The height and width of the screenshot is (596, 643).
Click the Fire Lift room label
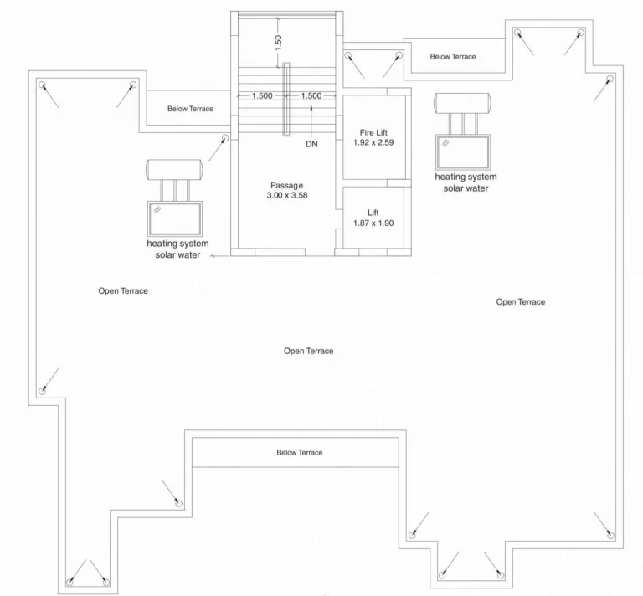coord(373,138)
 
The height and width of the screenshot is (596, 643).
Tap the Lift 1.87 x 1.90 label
coord(373,218)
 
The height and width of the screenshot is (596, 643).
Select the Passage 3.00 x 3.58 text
coord(287,190)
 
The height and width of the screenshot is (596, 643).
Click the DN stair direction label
coord(311,144)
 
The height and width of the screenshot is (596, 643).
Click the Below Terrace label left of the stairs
coord(190,109)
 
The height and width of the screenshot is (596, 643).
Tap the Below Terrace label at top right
coord(453,57)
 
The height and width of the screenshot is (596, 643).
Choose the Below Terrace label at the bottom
coord(300,453)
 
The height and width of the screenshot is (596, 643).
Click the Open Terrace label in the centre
coord(308,351)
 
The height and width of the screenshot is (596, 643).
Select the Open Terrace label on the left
coord(123,291)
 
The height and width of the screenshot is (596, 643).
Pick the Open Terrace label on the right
coord(521,302)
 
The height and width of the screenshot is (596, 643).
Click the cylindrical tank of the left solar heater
coord(174,170)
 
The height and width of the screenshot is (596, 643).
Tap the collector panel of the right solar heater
coord(463,152)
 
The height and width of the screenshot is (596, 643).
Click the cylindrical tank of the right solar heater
coord(462,103)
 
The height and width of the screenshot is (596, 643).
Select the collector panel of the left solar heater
coord(175,218)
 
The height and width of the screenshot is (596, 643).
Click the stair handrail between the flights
coord(286,100)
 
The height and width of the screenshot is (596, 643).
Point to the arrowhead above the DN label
coord(311,108)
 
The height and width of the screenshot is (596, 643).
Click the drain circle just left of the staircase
coord(224,138)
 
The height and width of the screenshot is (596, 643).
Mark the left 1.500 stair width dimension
coord(262,96)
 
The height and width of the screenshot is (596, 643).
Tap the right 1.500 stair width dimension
coord(311,96)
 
